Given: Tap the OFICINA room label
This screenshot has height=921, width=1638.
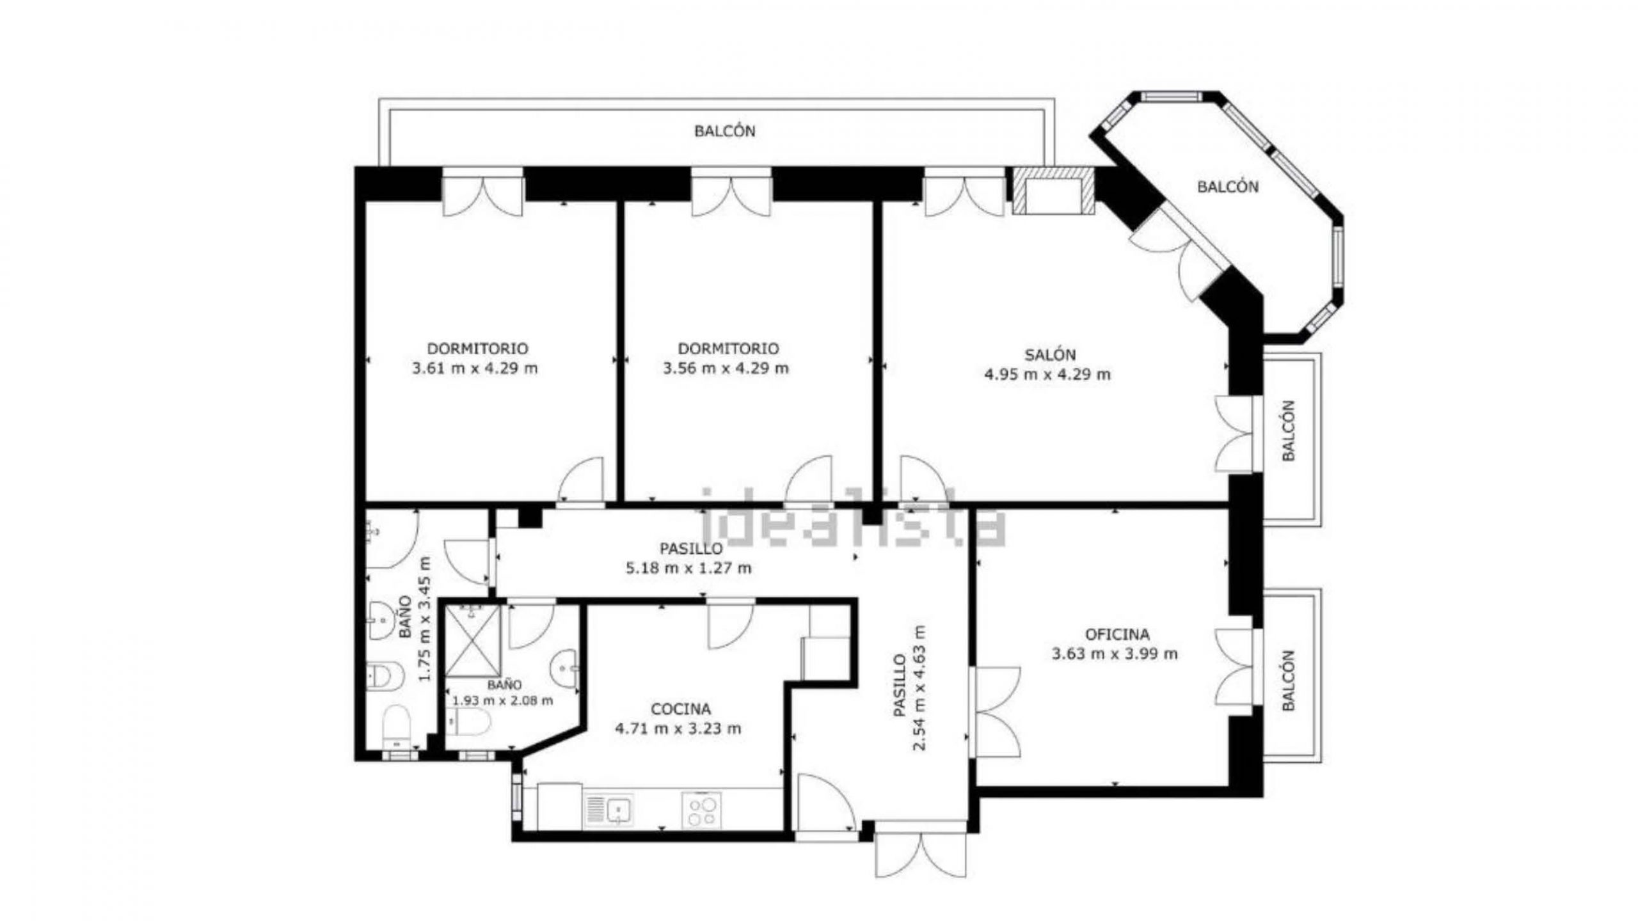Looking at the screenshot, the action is click(x=1117, y=634).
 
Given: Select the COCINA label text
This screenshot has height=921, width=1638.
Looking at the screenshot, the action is click(x=681, y=709).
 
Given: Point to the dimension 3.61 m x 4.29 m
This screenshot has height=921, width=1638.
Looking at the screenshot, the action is click(x=475, y=368).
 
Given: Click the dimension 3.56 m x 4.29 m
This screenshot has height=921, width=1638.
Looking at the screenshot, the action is click(x=726, y=368).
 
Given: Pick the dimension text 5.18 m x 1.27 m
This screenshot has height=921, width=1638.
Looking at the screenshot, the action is click(x=689, y=567).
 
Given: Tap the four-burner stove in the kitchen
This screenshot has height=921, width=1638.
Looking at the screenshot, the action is click(x=701, y=810).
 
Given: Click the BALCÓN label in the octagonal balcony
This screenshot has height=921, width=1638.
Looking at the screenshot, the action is click(x=1228, y=187).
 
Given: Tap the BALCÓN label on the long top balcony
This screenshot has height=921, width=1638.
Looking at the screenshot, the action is click(x=725, y=131).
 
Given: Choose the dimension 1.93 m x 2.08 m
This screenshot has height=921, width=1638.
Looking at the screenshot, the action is click(x=503, y=700).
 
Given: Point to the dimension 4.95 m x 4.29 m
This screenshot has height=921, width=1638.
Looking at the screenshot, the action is click(x=1047, y=374).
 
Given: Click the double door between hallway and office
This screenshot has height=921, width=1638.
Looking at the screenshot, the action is click(x=994, y=711).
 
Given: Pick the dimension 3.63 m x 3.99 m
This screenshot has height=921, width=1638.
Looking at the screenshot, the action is click(x=1115, y=654).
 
